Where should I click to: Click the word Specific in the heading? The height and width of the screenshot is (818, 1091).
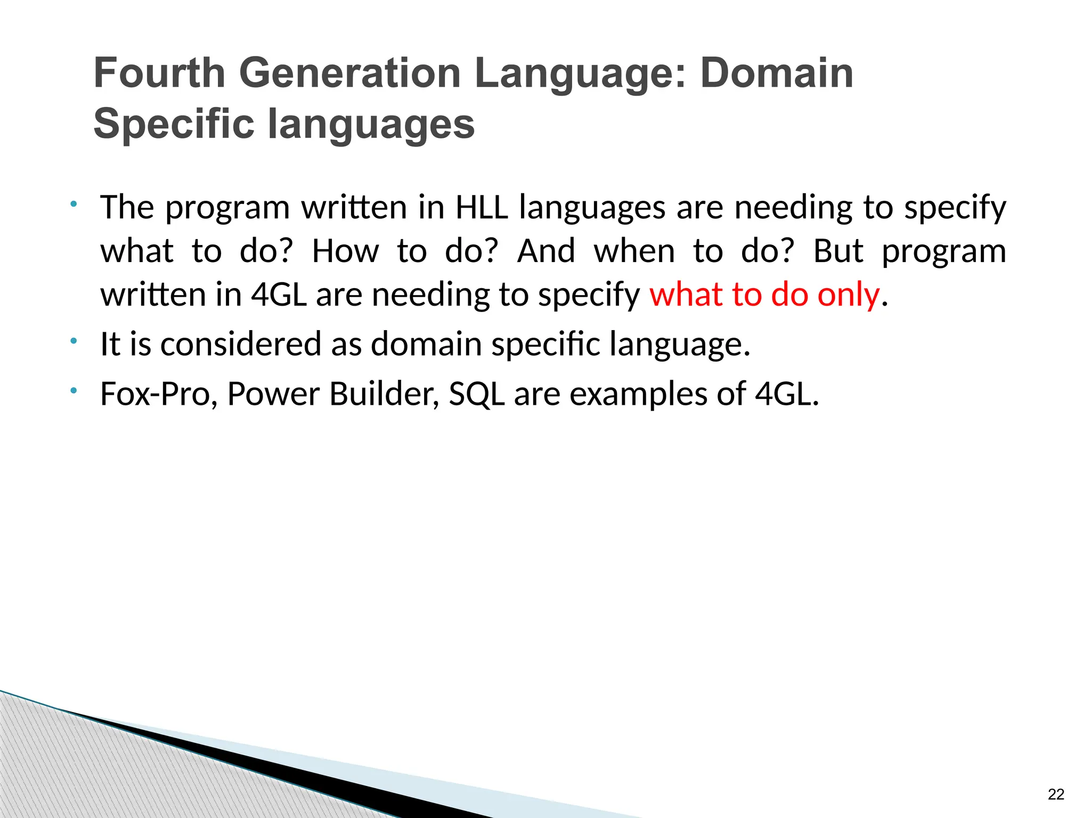point(173,124)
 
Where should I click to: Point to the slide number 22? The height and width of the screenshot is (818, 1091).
point(1055,794)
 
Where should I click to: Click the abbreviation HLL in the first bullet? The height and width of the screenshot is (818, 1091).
point(482,207)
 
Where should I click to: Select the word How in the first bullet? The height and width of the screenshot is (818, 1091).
point(345,251)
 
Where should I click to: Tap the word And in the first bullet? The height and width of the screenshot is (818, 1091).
point(546,251)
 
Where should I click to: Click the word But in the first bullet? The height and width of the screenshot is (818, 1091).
point(838,251)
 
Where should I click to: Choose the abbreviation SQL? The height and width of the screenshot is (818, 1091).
point(476,394)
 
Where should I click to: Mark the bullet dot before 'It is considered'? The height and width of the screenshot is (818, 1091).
point(74,340)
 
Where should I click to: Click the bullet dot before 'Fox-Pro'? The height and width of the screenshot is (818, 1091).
point(74,390)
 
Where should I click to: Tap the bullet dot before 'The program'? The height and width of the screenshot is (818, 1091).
point(74,203)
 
